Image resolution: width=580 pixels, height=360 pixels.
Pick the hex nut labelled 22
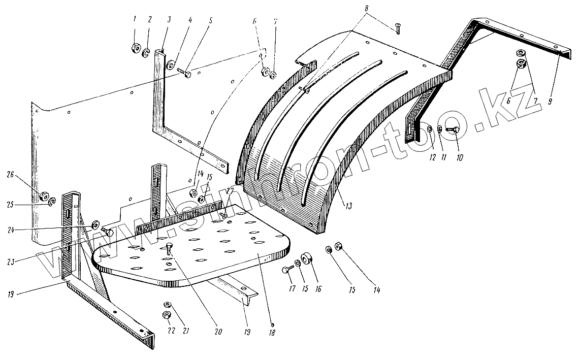tap(166, 315)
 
